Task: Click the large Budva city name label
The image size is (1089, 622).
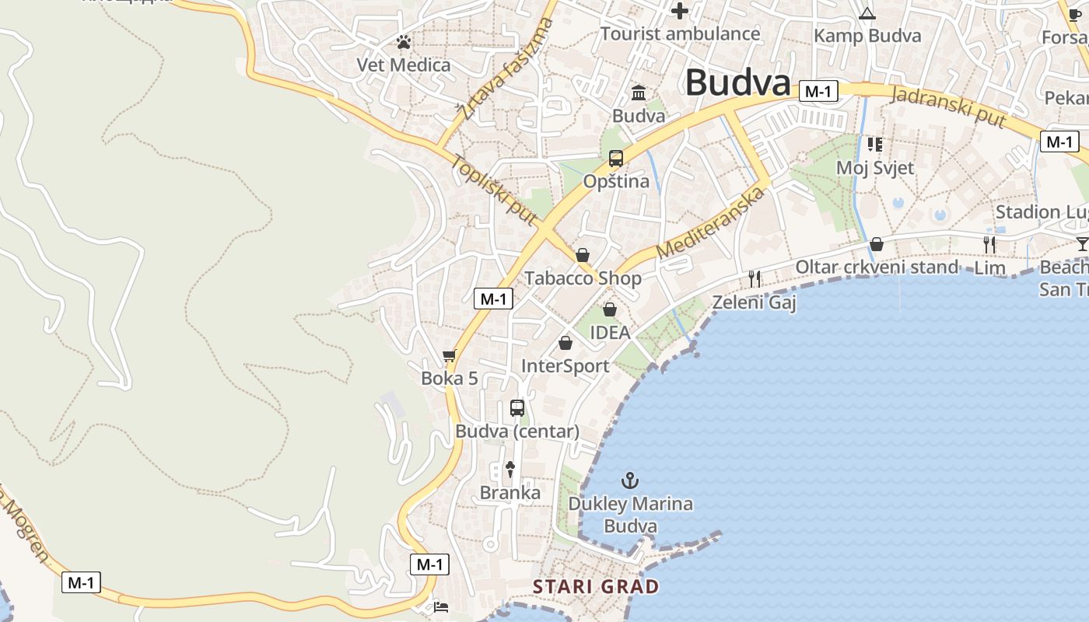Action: click(737, 82)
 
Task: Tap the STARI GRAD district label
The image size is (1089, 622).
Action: click(596, 586)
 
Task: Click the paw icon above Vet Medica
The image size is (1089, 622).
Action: click(403, 42)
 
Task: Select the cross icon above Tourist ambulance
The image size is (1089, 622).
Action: click(680, 11)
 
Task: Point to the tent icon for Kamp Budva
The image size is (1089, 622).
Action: click(867, 13)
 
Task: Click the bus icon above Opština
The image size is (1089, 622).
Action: click(616, 159)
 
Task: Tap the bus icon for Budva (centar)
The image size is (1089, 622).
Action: click(517, 407)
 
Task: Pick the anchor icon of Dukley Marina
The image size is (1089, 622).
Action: click(631, 480)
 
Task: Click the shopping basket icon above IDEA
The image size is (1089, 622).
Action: click(610, 309)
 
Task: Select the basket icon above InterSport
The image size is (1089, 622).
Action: click(566, 343)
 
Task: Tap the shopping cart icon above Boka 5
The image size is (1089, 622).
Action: click(449, 356)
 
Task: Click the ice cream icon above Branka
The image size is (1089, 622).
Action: click(510, 469)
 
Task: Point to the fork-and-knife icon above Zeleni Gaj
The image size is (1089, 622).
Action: click(754, 278)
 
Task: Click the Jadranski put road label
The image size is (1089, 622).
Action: click(948, 107)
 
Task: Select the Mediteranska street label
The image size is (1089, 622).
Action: click(707, 222)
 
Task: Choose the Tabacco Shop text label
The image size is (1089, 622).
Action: click(583, 278)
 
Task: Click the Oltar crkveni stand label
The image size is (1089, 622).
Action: click(877, 267)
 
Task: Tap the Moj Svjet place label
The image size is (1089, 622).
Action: click(875, 167)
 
